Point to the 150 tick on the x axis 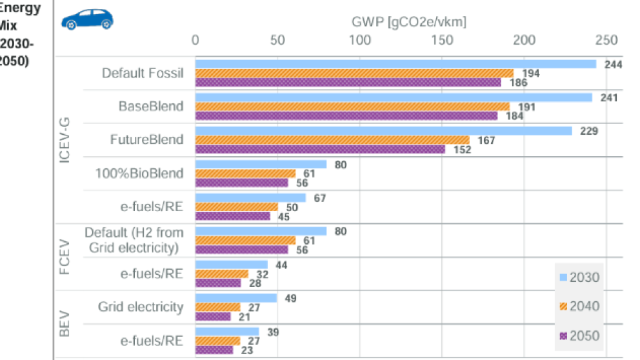pos(442,40)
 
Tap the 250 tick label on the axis pos(606,40)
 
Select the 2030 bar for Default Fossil pos(395,64)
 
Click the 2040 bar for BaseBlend pos(352,106)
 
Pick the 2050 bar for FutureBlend pos(320,149)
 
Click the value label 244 pos(613,64)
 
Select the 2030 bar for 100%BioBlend pos(261,165)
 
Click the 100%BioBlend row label pos(147,174)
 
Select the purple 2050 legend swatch pos(563,336)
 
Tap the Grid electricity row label pos(141,307)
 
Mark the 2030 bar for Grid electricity pos(235,298)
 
